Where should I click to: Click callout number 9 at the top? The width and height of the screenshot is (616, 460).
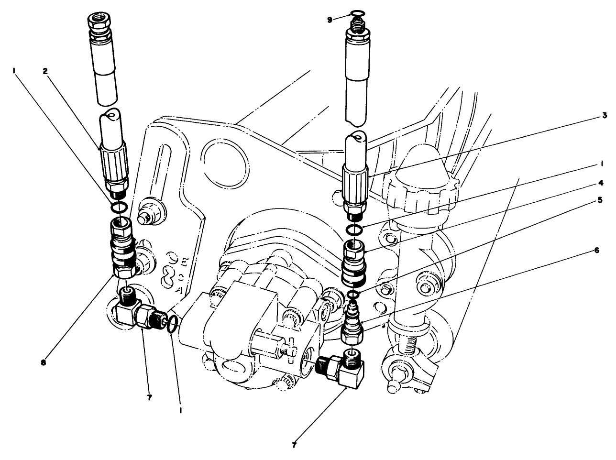pos(329,20)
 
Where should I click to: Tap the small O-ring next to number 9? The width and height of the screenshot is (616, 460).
pos(355,13)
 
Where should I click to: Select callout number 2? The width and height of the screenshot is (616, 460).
pos(44,71)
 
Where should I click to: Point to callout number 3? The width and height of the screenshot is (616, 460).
pos(605,115)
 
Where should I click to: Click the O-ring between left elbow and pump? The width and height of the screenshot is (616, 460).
pos(174,327)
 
